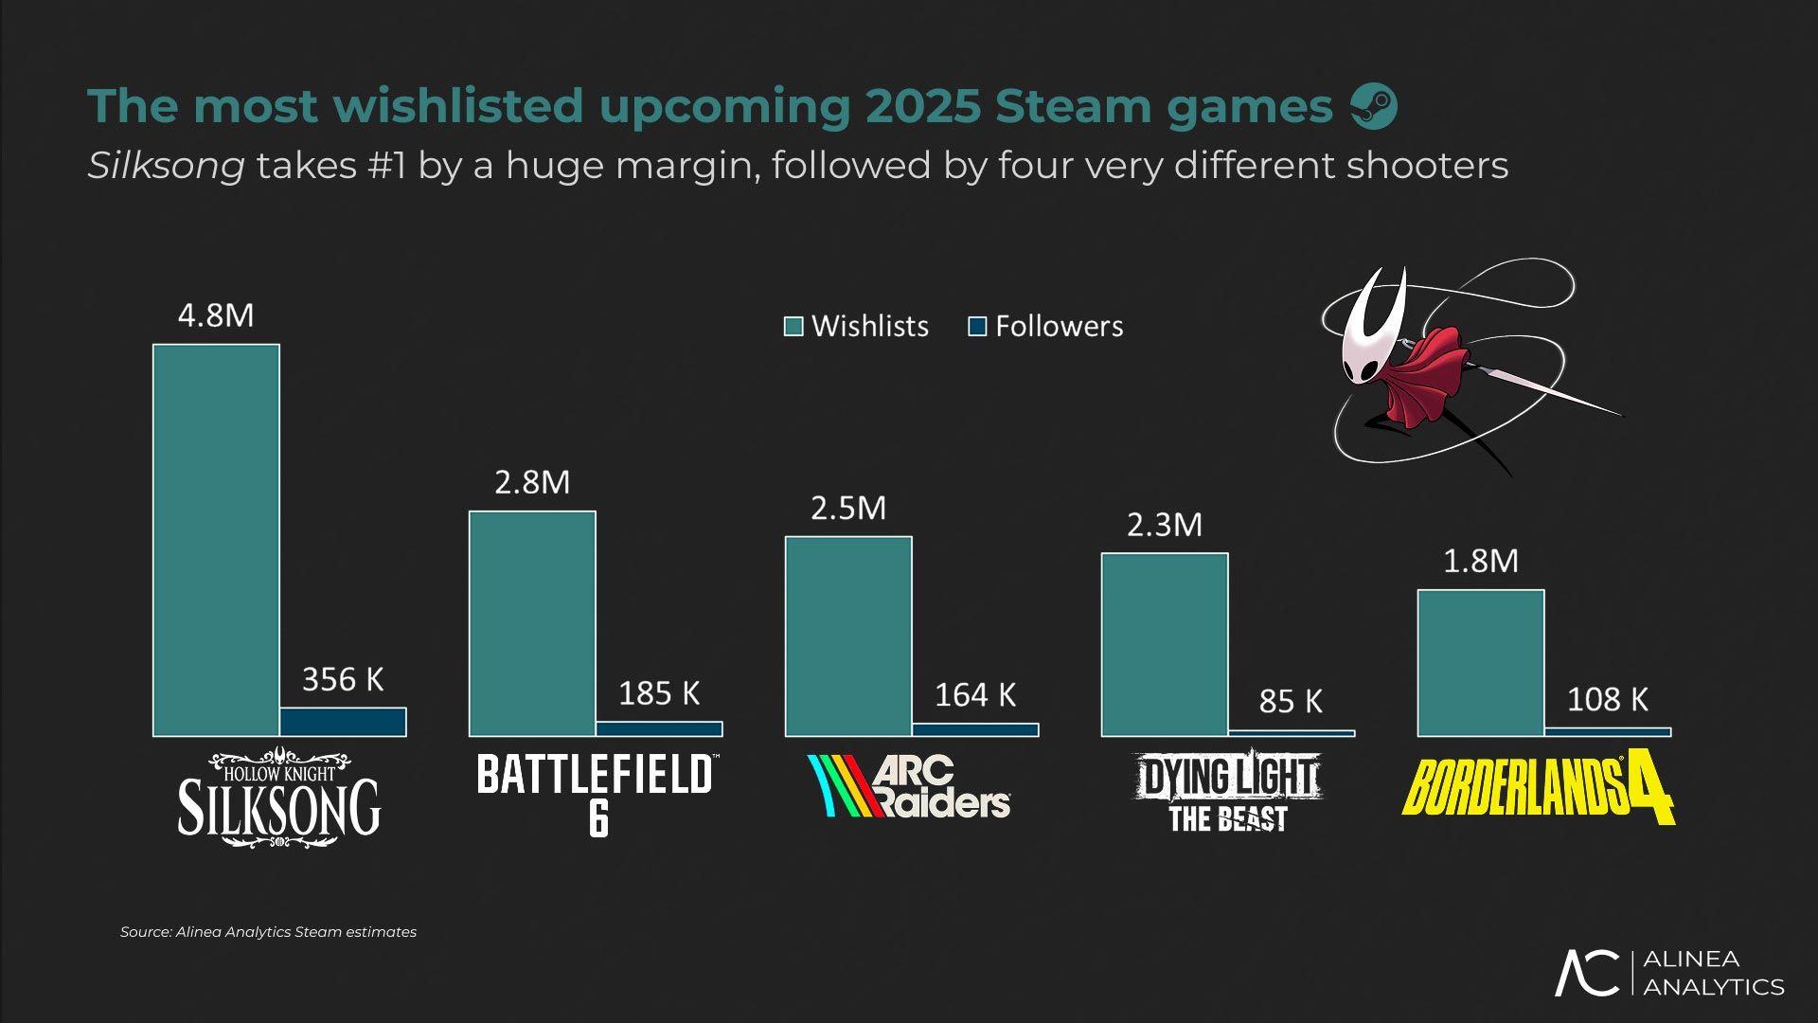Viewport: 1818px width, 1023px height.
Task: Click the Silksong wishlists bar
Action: (x=216, y=540)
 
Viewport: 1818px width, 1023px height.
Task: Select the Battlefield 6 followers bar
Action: (x=659, y=728)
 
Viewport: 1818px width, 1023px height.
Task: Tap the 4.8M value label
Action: (x=216, y=315)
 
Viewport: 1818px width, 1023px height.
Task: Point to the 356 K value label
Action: (x=343, y=679)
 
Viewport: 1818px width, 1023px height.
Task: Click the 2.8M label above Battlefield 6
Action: (x=532, y=483)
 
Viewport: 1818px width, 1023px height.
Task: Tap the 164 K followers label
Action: (x=975, y=695)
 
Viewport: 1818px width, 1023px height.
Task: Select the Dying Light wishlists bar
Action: (x=1165, y=644)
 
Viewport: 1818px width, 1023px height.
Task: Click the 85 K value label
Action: (x=1291, y=701)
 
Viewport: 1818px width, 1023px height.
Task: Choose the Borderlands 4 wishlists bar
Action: (x=1481, y=663)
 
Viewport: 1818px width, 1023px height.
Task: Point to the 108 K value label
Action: (x=1607, y=700)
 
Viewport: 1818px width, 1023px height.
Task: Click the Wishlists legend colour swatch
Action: (x=793, y=327)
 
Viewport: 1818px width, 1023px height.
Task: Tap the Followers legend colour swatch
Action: (x=977, y=327)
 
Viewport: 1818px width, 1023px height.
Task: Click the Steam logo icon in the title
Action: (x=1373, y=105)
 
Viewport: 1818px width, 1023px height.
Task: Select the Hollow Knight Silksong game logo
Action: (x=278, y=798)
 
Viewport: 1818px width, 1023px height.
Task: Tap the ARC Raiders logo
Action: (x=909, y=786)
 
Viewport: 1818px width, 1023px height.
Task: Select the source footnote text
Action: (x=268, y=932)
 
